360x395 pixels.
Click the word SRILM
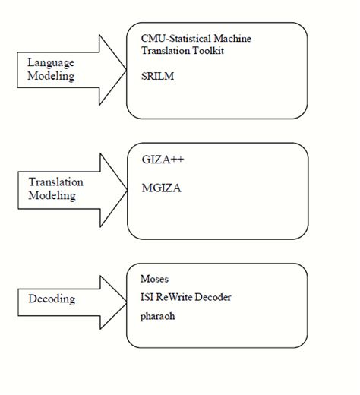pos(156,77)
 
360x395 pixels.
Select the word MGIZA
pos(162,185)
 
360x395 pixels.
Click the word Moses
pos(154,279)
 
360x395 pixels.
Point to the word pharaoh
pos(158,315)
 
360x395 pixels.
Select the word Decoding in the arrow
pos(52,299)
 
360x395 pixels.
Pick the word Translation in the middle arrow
pos(55,182)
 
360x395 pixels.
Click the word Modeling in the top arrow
pos(51,77)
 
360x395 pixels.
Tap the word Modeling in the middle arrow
pos(52,196)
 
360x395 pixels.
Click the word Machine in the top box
pos(232,37)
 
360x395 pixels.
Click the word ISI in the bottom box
pos(147,297)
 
